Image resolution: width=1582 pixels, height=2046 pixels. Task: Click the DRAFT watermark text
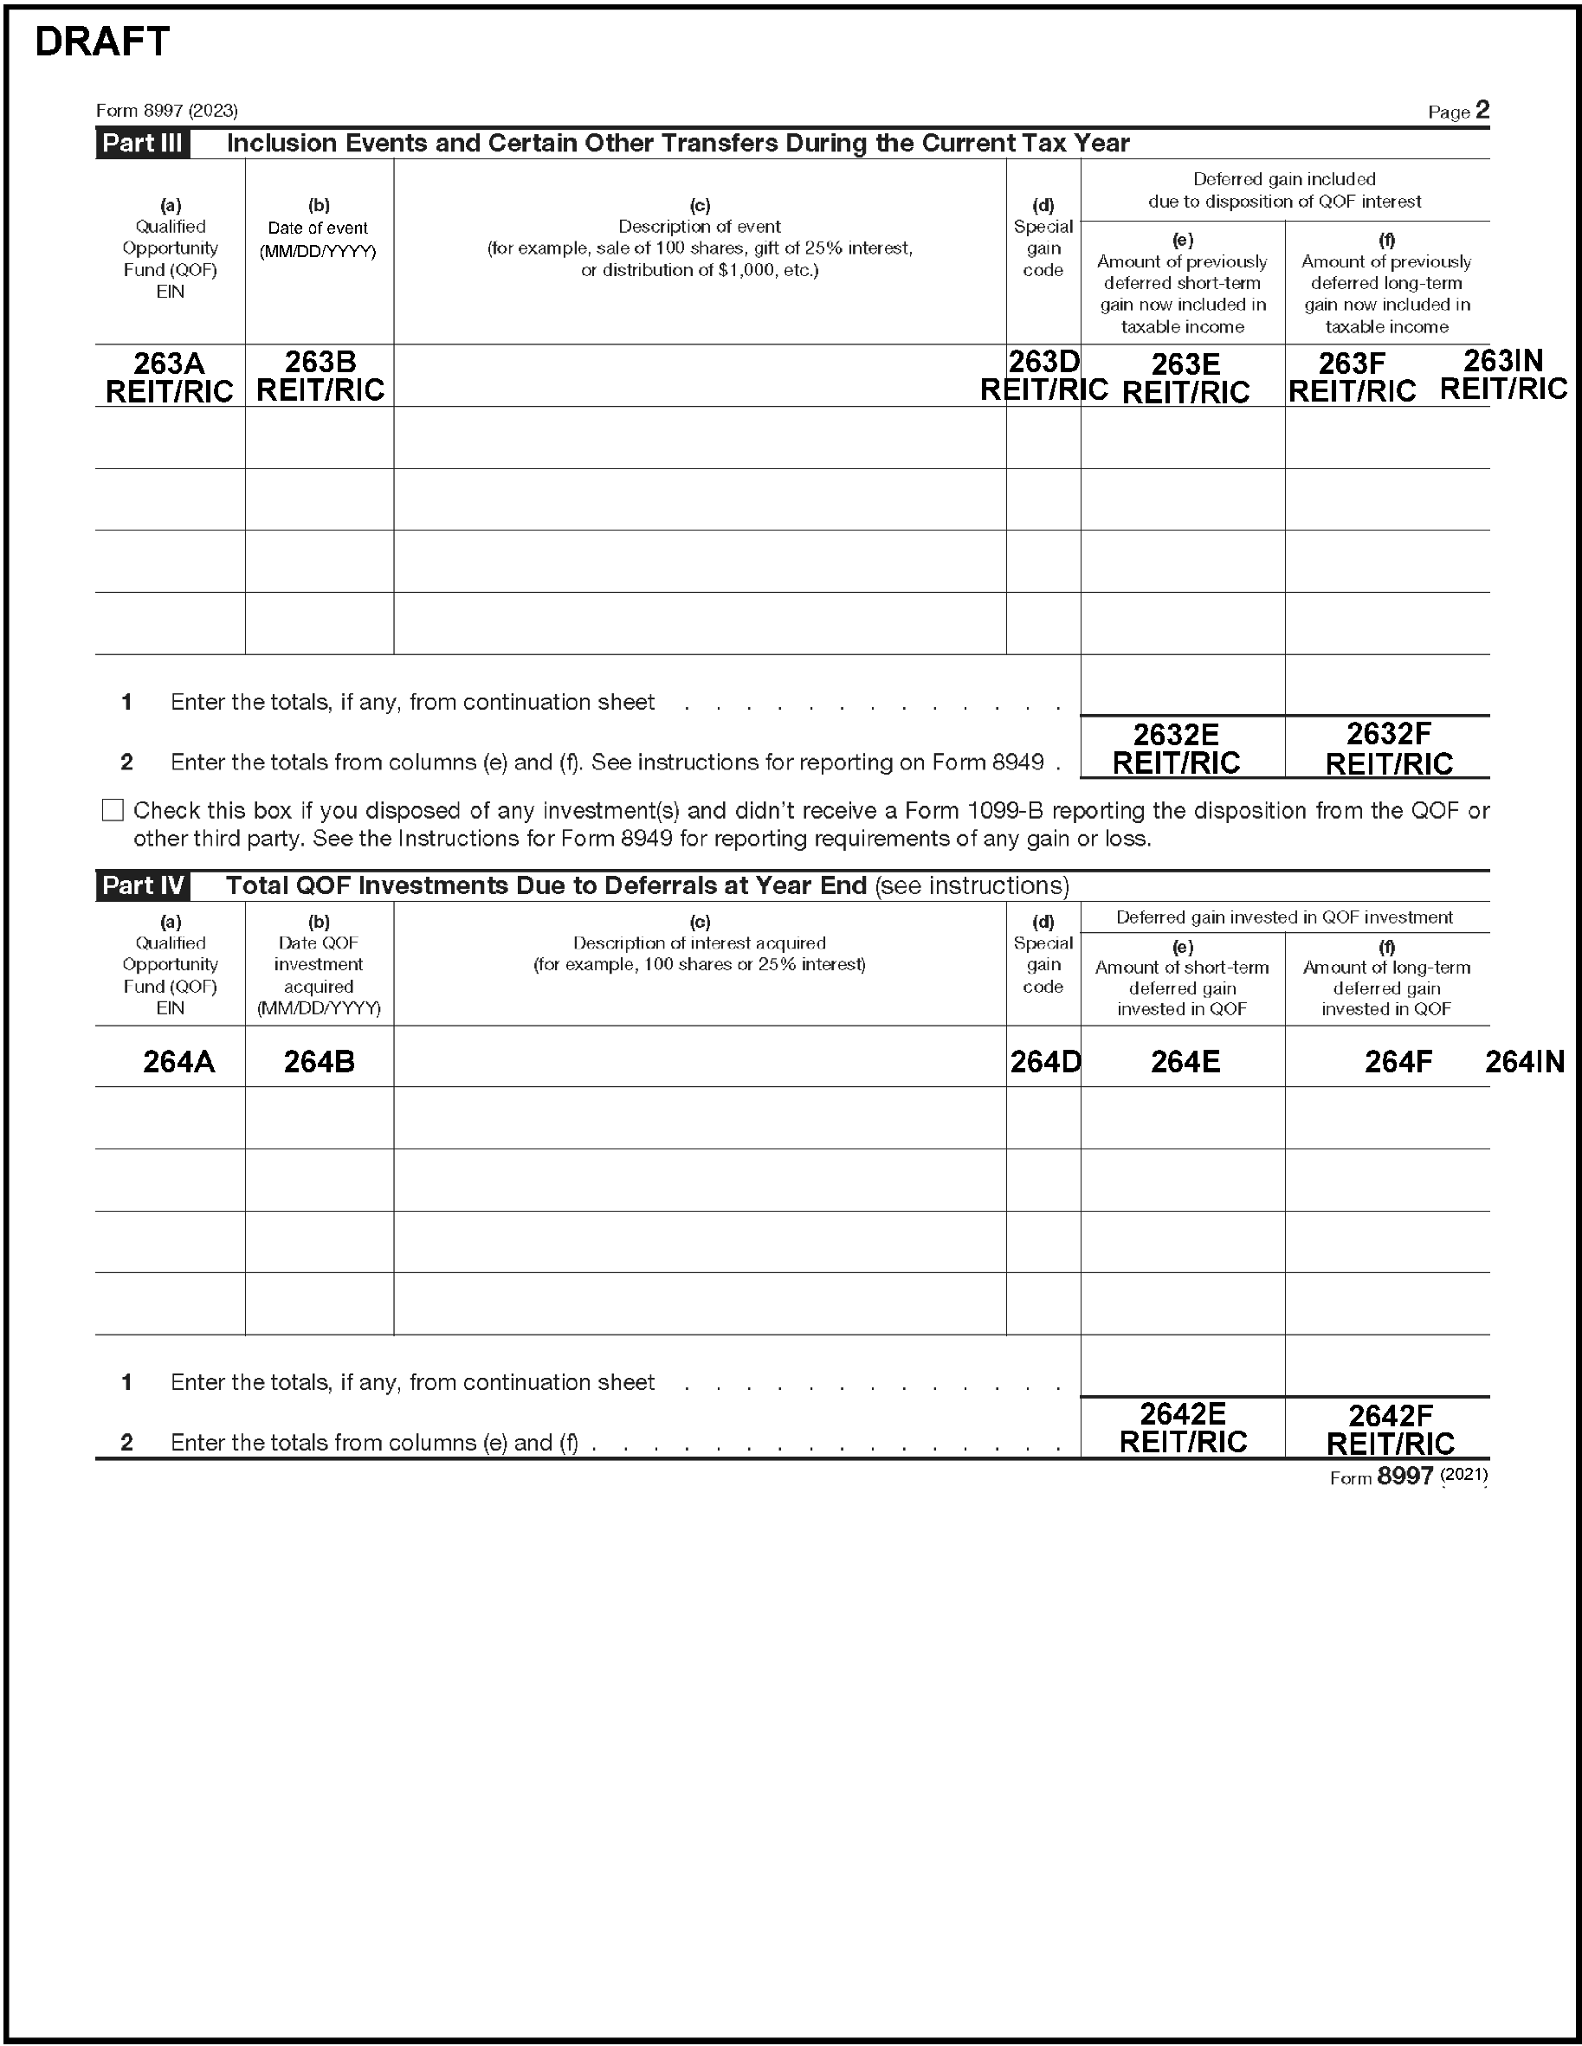click(x=102, y=42)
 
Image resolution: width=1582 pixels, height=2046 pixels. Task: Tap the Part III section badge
click(x=143, y=144)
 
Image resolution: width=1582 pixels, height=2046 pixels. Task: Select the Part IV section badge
click(x=143, y=885)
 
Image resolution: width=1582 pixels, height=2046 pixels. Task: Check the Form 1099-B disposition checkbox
click(x=113, y=810)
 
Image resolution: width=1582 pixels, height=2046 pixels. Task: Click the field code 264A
click(x=178, y=1061)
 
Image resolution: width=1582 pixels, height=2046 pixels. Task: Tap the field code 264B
click(x=319, y=1061)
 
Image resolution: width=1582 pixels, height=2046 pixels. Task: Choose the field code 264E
click(x=1185, y=1061)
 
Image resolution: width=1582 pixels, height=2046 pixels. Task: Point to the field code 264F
click(x=1398, y=1061)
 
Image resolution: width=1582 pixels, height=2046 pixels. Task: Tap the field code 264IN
click(x=1525, y=1061)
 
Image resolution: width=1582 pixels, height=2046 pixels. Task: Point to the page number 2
click(x=1482, y=111)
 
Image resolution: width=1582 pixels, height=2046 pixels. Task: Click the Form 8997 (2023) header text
click(x=167, y=111)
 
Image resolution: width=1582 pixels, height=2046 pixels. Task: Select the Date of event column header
click(x=319, y=228)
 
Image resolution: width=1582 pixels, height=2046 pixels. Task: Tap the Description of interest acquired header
click(x=699, y=943)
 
